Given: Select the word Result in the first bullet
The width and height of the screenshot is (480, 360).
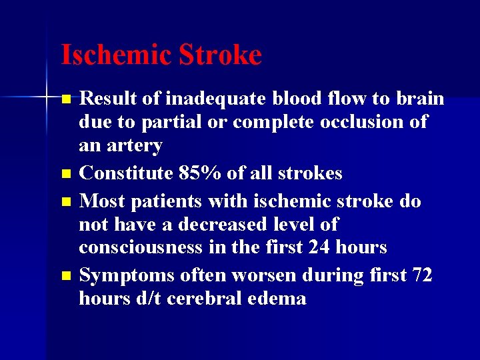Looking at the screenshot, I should click(109, 99).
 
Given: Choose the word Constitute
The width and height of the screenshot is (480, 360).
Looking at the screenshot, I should click(127, 173).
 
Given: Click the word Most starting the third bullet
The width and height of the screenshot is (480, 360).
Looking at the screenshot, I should click(101, 200).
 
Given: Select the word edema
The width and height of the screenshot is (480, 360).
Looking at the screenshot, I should click(278, 298).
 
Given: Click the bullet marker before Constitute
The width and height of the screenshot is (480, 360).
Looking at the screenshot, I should click(65, 175).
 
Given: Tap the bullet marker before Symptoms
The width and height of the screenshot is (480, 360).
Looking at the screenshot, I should click(65, 275).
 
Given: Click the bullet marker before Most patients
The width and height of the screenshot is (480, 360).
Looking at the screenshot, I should click(65, 201).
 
